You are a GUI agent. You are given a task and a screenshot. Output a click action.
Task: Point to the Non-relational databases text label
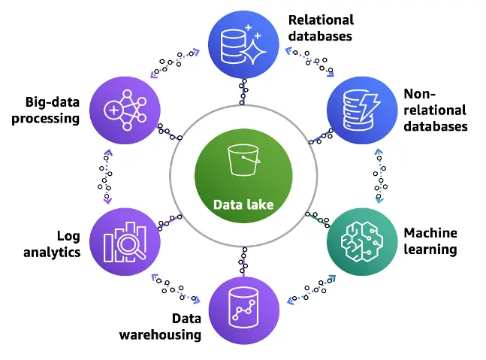[x=435, y=110]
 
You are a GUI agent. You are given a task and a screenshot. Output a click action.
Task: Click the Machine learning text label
[x=430, y=241]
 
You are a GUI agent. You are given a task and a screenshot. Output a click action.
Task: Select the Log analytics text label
[x=52, y=244]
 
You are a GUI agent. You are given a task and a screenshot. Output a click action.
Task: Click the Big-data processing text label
[x=46, y=110]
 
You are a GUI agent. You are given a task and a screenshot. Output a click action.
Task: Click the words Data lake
[x=242, y=204]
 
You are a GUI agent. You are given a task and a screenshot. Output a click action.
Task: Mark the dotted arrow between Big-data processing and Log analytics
[x=107, y=177]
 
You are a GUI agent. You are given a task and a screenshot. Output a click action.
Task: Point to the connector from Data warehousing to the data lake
[x=242, y=262]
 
